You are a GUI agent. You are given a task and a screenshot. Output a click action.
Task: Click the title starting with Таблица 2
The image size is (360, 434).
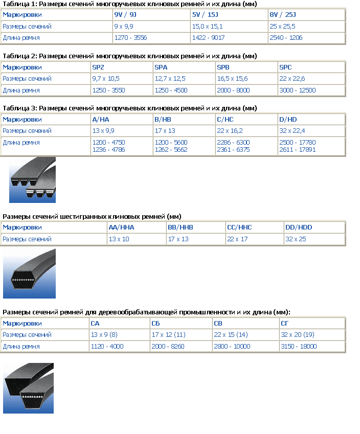click(130, 56)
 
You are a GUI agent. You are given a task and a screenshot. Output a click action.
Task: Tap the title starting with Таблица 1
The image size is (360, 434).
click(130, 4)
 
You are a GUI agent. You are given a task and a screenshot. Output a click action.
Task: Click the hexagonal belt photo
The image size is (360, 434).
click(29, 272)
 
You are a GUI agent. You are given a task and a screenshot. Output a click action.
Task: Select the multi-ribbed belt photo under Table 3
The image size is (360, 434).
click(32, 180)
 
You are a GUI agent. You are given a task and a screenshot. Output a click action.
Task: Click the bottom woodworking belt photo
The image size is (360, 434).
click(29, 388)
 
